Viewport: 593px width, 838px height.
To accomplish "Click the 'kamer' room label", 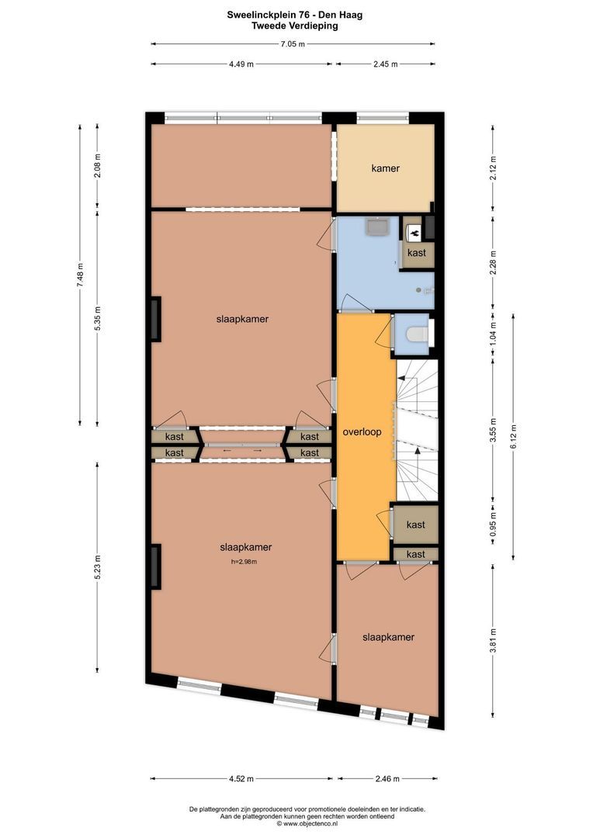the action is (x=386, y=168).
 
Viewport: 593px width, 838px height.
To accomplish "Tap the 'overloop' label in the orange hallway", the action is (x=362, y=432).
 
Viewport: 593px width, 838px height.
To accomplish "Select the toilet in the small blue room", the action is (x=417, y=334).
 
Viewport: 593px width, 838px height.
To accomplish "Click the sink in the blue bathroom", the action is (x=379, y=226).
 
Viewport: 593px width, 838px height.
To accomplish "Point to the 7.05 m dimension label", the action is (x=293, y=44).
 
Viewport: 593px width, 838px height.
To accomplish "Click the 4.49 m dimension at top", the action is (x=241, y=64).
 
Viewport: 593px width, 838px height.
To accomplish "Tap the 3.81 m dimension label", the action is (x=494, y=641).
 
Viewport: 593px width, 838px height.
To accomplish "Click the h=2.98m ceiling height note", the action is (x=244, y=562).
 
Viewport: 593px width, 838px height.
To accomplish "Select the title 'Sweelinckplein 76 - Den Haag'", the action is (x=295, y=15).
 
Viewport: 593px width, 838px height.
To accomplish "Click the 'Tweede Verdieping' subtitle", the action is (x=295, y=26).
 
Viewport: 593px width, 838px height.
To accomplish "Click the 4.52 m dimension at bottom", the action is (x=241, y=779).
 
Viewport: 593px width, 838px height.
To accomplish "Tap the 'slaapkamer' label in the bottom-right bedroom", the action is (x=388, y=637).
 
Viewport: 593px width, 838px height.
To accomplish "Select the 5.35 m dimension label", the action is (x=97, y=319).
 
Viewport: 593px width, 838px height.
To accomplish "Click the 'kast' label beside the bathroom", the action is (x=417, y=252).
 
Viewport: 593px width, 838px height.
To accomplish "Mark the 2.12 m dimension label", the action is (x=494, y=168).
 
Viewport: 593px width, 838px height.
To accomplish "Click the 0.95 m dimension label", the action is (x=494, y=525).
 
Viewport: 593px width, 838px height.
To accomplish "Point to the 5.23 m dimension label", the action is (x=97, y=567).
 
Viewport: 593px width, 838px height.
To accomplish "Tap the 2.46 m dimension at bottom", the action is (x=387, y=779).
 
